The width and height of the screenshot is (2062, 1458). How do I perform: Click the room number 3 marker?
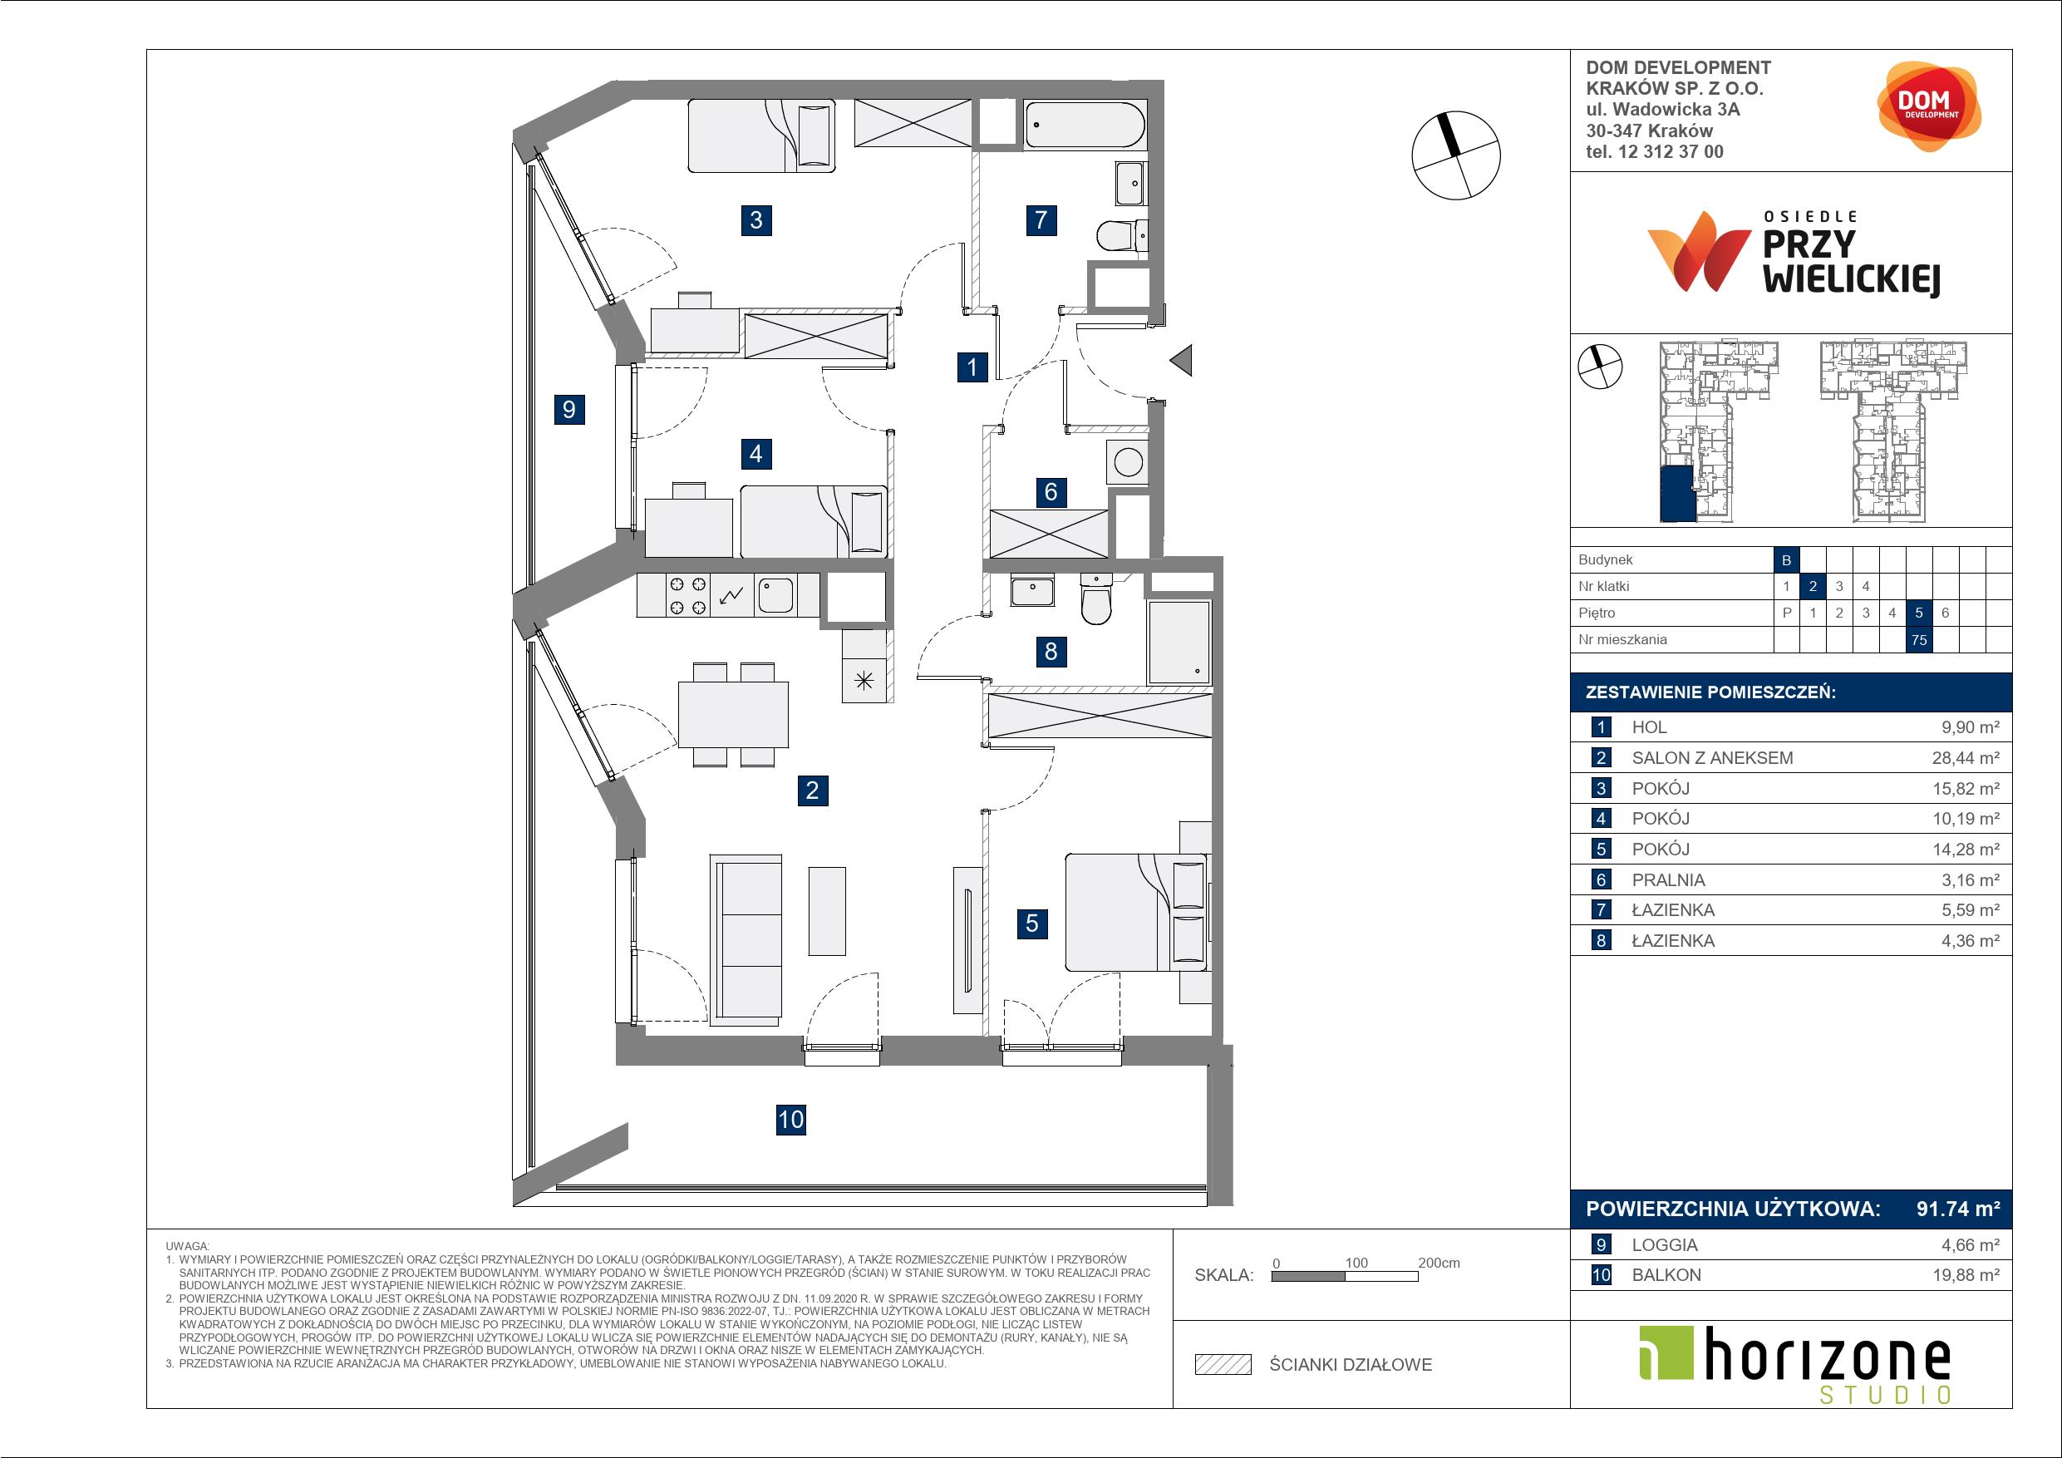756,220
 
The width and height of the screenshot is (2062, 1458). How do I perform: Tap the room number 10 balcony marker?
790,1120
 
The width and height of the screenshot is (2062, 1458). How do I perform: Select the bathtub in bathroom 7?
1085,125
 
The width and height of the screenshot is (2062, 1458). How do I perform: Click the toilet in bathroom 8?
1096,599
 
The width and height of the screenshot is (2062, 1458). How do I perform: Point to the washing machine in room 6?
1128,464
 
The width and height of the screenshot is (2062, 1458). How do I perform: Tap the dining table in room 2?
733,715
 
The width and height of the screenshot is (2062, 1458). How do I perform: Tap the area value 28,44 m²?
1966,758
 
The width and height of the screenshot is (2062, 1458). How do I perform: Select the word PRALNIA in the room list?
1669,880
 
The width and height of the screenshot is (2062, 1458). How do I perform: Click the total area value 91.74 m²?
1958,1209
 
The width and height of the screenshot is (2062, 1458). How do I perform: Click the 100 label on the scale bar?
1356,1263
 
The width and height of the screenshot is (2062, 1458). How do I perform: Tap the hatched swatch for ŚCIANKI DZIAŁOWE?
1223,1365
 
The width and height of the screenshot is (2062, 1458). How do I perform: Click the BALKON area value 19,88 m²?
1966,1276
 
